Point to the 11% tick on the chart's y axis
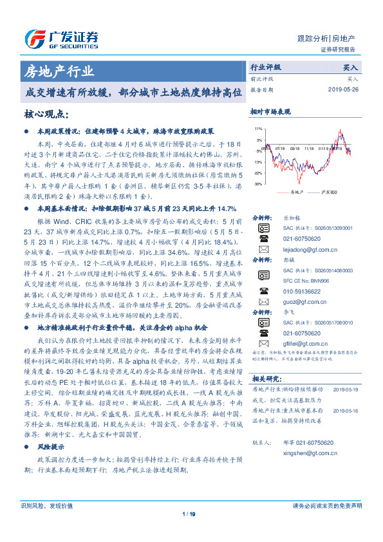coord(259,129)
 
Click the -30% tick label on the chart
coord(258,184)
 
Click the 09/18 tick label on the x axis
coord(295,147)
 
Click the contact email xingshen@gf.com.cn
coord(300,453)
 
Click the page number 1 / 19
coord(189,532)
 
